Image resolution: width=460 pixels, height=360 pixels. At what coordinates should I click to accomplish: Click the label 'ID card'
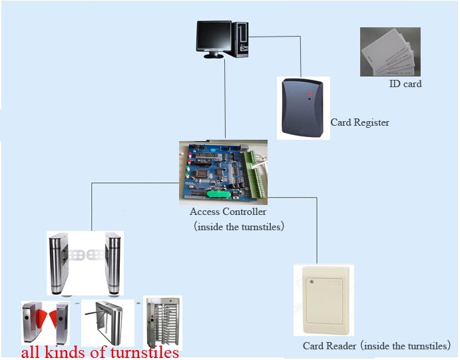tap(405, 85)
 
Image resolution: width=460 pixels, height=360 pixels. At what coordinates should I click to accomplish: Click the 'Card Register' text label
tap(360, 122)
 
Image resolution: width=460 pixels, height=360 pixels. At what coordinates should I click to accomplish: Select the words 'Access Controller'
tap(228, 212)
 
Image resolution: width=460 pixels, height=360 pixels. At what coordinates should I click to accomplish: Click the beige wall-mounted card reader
tap(324, 299)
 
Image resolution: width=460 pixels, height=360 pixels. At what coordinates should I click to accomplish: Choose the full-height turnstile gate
tap(162, 321)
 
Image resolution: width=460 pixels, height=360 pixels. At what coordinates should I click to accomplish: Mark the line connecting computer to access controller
tap(226, 100)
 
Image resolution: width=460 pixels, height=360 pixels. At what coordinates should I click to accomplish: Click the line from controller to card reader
tap(316, 230)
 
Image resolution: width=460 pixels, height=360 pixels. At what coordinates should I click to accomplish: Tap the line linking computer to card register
tap(301, 53)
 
